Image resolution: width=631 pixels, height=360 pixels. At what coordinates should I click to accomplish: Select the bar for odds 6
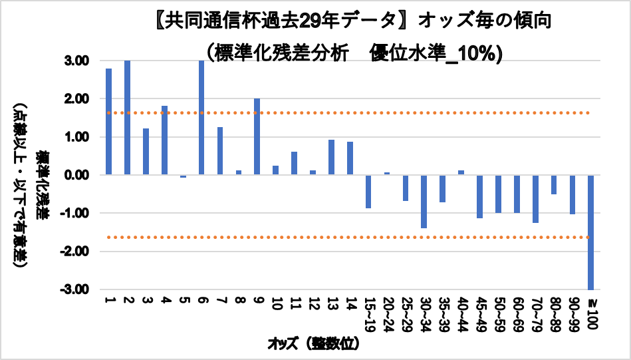(201, 118)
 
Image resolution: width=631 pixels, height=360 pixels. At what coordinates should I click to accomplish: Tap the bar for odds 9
(257, 136)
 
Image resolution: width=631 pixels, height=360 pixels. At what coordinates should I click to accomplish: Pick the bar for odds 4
(164, 140)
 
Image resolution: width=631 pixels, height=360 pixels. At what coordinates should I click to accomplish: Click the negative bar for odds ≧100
(590, 232)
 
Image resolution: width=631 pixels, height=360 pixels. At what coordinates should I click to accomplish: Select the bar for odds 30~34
(424, 202)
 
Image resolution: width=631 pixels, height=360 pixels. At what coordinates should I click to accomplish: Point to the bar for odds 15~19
(368, 192)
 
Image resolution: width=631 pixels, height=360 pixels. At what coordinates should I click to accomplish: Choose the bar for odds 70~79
(535, 199)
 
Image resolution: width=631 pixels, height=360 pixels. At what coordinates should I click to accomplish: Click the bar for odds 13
(331, 157)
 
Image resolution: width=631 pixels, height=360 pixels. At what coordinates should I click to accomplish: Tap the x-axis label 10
(275, 305)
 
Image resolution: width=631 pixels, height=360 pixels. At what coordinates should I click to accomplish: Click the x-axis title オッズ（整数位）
(313, 343)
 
